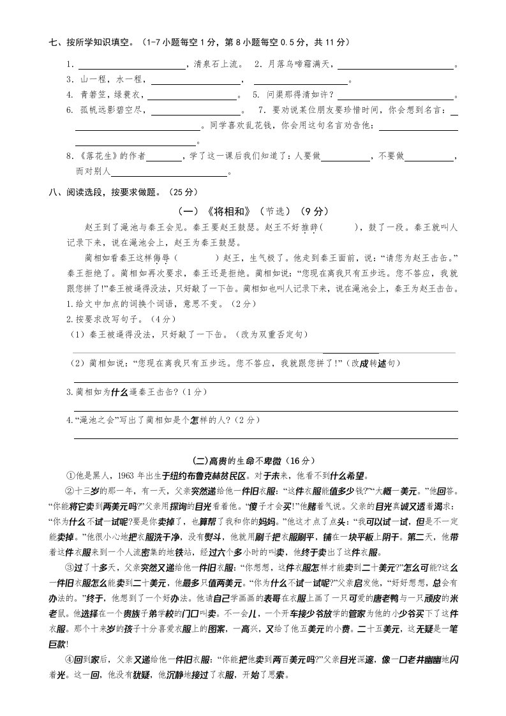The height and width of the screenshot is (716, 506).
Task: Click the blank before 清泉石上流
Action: (x=130, y=65)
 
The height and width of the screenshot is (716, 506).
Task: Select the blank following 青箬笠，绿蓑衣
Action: (x=191, y=96)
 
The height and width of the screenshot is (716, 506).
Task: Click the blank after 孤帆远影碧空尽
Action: (x=195, y=111)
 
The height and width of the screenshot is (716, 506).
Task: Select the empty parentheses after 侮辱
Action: (x=193, y=258)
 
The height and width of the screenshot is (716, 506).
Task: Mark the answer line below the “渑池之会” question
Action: (x=265, y=438)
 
